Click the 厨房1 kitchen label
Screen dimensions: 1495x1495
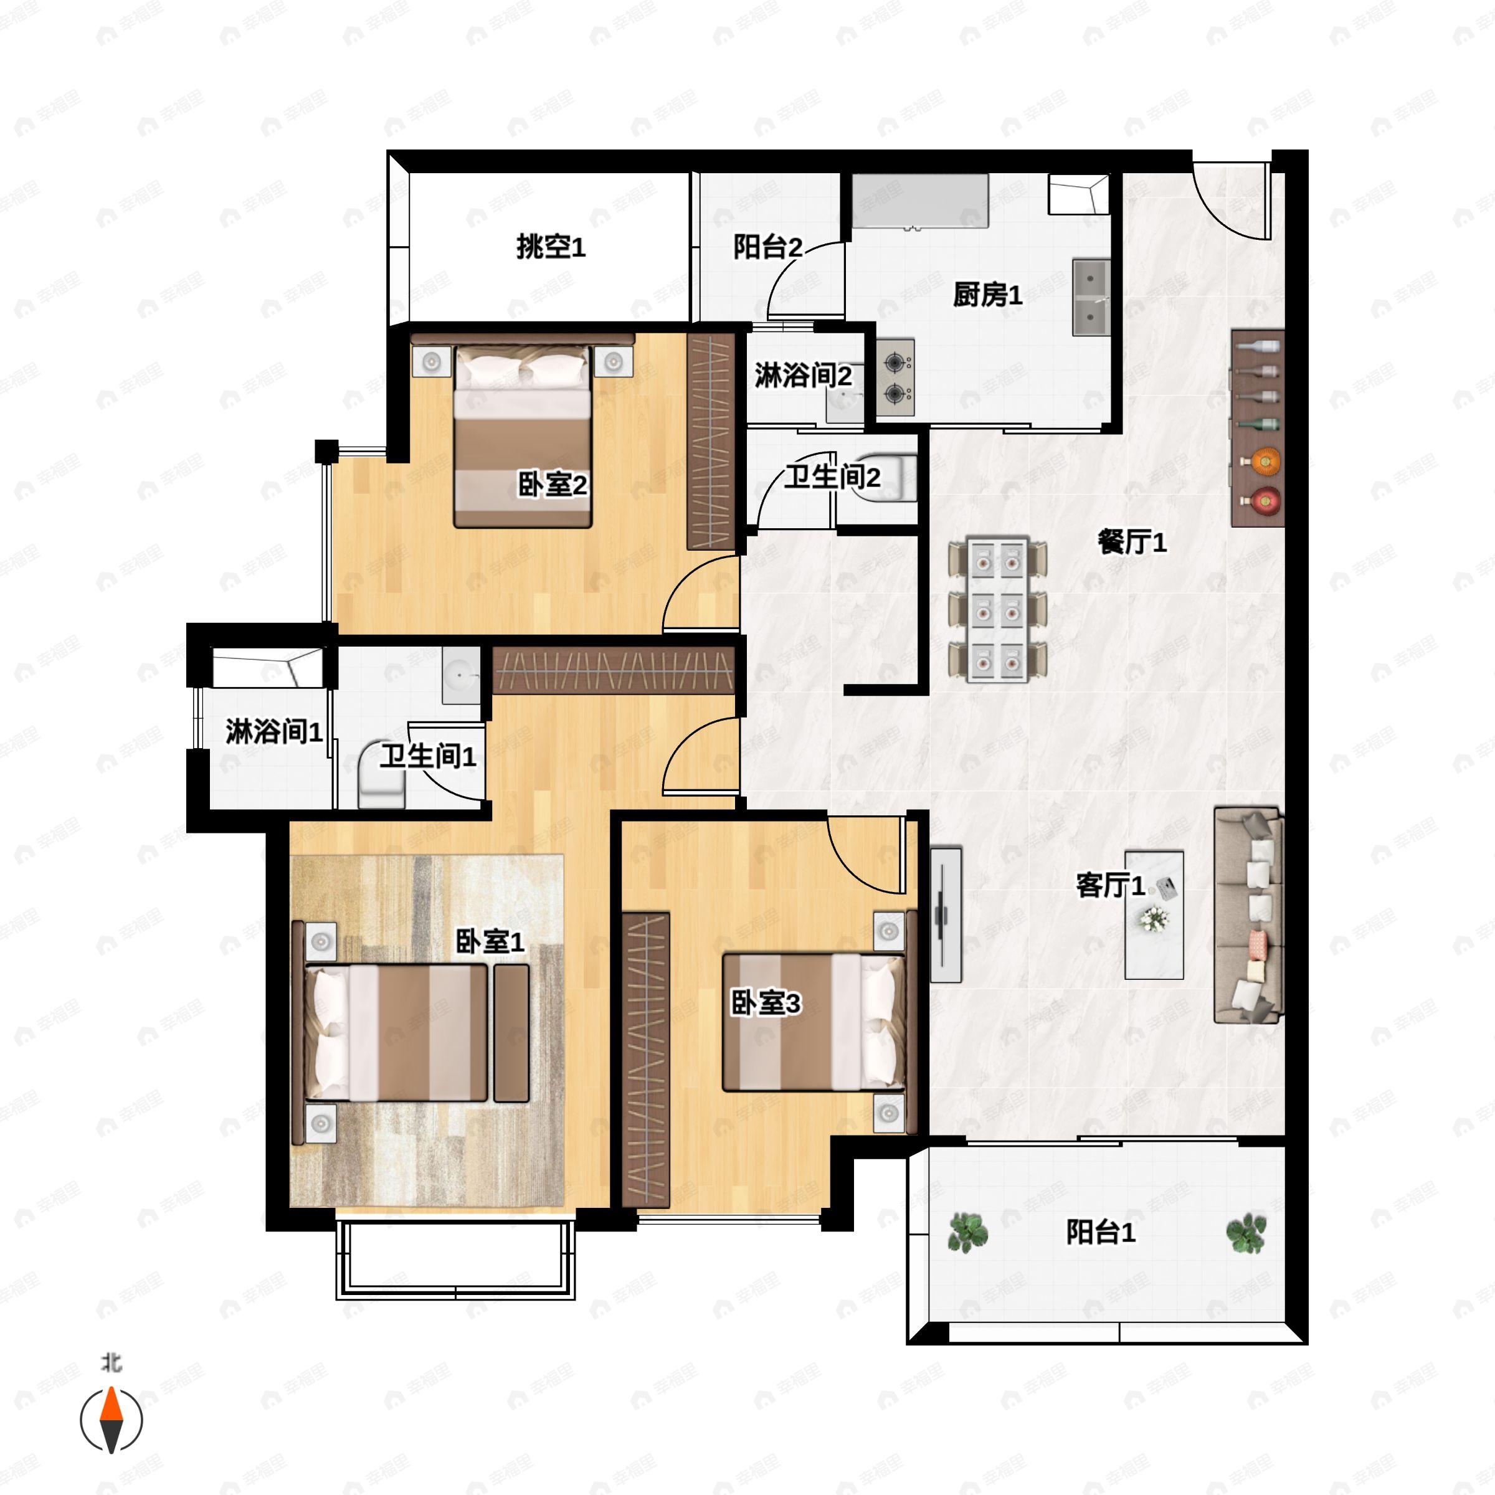(x=987, y=295)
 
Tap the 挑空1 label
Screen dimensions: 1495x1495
(x=551, y=248)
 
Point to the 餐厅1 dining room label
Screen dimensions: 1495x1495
(x=1132, y=543)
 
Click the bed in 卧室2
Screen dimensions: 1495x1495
(x=523, y=437)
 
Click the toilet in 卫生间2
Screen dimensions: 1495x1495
(x=890, y=477)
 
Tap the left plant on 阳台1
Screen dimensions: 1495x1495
(x=967, y=1233)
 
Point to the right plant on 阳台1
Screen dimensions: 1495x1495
(x=1246, y=1233)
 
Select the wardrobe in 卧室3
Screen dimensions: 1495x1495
(x=645, y=1060)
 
